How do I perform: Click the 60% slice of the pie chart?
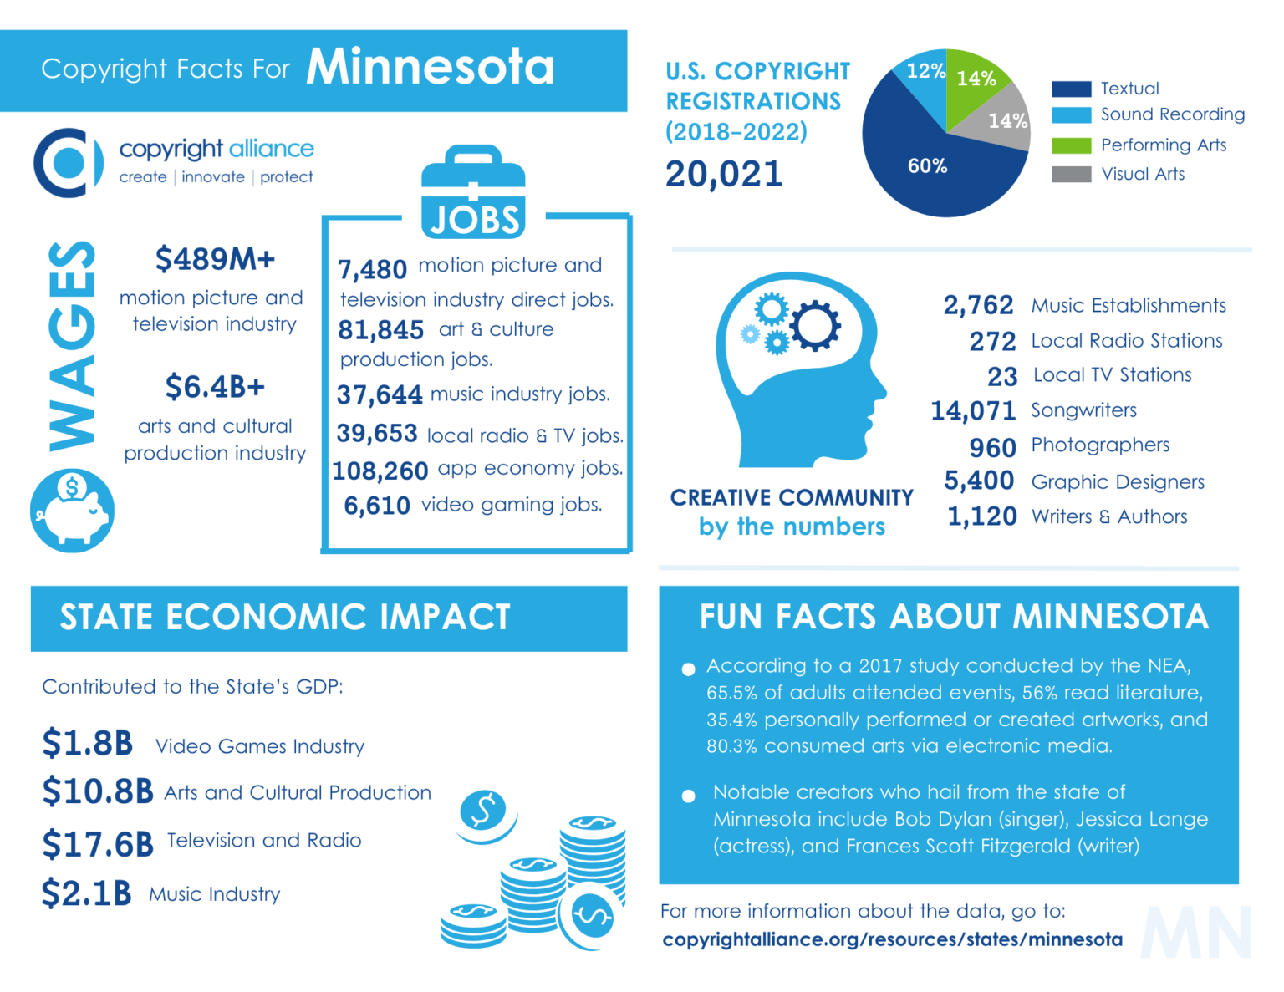tap(928, 167)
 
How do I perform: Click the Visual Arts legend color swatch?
tap(1071, 174)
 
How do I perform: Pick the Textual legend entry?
tap(1129, 89)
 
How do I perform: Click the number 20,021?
tap(724, 174)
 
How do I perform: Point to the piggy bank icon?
tap(73, 510)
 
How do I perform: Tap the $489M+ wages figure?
tap(215, 260)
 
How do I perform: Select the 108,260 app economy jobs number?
tap(380, 471)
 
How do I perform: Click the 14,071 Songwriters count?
tap(973, 411)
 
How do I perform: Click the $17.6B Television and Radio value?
tap(98, 844)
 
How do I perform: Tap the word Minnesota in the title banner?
tap(430, 67)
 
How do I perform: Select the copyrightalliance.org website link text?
tap(892, 939)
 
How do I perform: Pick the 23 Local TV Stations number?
tap(1001, 377)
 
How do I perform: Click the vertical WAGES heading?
tap(72, 346)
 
